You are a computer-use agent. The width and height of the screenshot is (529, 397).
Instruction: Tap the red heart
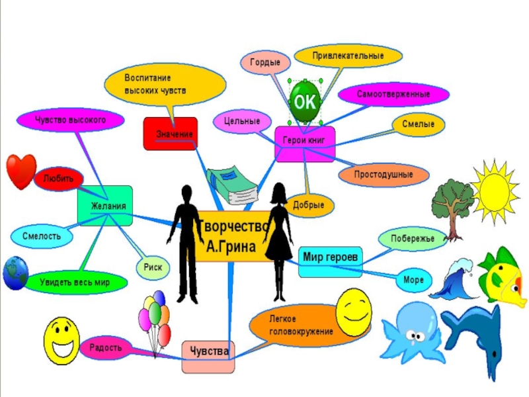20,171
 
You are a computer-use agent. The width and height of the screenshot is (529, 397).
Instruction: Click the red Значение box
171,134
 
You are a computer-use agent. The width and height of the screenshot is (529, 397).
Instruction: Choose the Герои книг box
305,144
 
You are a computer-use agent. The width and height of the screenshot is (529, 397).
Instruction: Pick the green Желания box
105,206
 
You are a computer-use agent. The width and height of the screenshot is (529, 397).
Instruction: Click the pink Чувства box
208,351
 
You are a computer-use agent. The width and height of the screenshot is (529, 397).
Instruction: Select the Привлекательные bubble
348,56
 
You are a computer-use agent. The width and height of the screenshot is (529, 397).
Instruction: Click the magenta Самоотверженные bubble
393,95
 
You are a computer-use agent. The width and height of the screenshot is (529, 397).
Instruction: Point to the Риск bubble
153,267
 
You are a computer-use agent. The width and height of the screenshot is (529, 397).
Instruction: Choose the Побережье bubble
412,238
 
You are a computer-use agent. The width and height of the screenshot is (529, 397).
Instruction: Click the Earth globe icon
15,273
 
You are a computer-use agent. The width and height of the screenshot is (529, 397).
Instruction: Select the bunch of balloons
155,320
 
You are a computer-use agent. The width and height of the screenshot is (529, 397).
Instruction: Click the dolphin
477,338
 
